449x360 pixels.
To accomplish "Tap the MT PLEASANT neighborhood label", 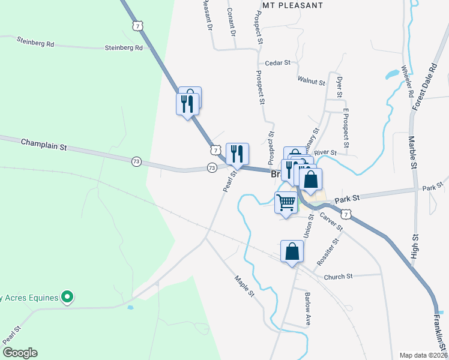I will click(293, 5).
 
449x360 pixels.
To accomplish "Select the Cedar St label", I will click(277, 62).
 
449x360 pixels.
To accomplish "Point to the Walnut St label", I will click(311, 80).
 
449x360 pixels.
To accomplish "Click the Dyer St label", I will click(339, 87).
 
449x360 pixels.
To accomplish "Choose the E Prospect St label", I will click(346, 128).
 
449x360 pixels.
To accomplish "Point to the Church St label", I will click(338, 277).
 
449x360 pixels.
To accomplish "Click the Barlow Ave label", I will click(307, 308).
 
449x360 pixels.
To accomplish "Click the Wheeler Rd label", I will click(406, 82).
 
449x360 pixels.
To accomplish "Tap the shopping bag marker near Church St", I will click(292, 251).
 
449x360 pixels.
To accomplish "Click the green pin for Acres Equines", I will click(67, 296).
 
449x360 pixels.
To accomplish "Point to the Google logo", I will click(20, 353).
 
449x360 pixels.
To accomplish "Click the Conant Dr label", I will click(231, 20).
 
